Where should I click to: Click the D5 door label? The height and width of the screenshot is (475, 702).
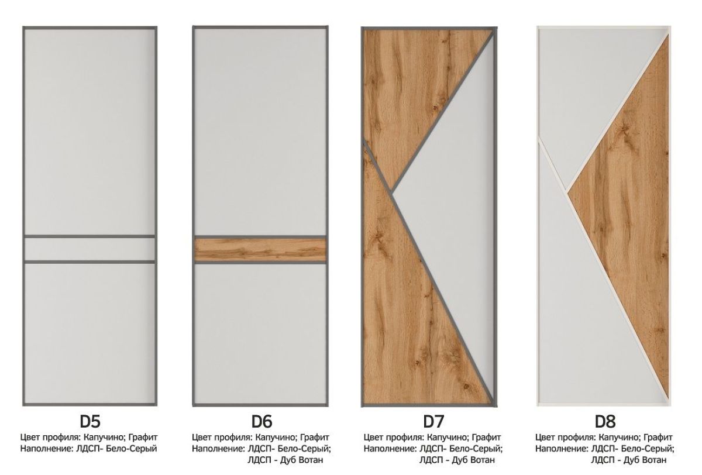pos(90,422)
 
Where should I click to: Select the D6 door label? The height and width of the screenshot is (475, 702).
pos(261,422)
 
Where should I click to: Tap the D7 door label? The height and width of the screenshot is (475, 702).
pos(433,422)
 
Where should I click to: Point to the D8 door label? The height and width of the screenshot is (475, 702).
pos(605,422)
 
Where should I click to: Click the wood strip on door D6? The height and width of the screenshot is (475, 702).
pos(260,249)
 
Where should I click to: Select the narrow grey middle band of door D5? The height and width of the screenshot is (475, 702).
pos(90,249)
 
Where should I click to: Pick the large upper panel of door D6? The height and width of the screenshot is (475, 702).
pos(260,132)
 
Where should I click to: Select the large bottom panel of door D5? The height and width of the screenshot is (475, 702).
pos(90,333)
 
